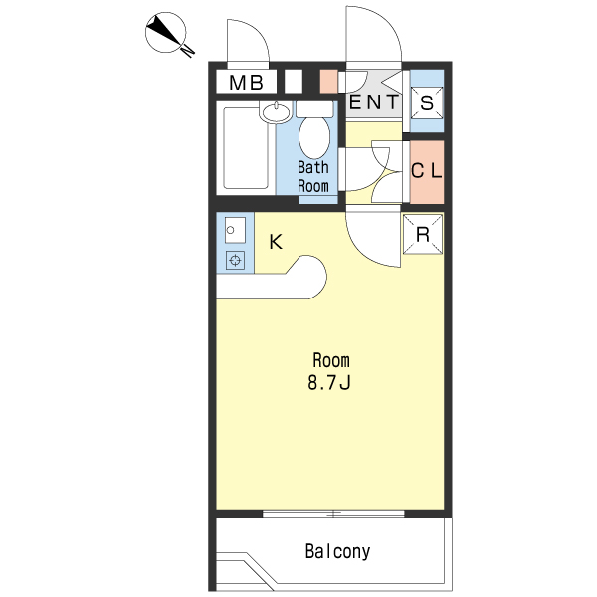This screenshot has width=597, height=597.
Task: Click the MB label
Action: click(x=246, y=83)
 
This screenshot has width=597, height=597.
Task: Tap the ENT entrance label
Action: click(x=373, y=102)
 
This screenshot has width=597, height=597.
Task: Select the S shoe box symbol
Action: click(x=427, y=102)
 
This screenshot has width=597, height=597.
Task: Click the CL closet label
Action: click(x=427, y=170)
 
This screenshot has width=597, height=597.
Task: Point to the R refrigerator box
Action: click(x=423, y=234)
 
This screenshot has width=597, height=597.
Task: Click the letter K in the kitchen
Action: click(x=276, y=242)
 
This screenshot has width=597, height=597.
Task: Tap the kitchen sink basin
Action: click(x=235, y=230)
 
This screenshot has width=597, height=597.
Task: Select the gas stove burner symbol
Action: click(x=235, y=261)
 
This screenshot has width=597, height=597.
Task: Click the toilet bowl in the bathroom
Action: click(x=314, y=138)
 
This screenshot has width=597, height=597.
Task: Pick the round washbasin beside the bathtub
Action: click(x=277, y=112)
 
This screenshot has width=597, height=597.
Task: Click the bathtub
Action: click(x=246, y=148)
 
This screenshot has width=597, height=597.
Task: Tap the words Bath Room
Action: click(x=313, y=177)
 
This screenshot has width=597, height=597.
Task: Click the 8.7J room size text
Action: click(x=329, y=382)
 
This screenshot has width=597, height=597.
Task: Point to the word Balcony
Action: click(x=337, y=551)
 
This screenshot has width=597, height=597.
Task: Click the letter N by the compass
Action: click(x=188, y=50)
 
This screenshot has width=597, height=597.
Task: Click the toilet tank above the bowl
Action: click(x=314, y=109)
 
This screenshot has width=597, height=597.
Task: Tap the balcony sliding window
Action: click(x=333, y=514)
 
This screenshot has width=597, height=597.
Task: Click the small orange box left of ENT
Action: click(x=328, y=82)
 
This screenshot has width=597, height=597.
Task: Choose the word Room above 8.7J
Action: click(x=331, y=360)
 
